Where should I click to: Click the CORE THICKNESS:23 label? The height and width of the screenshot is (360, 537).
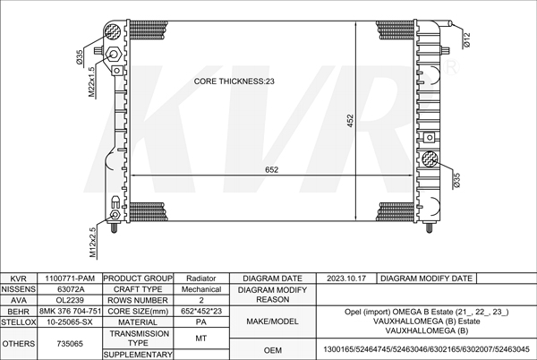pyautogui.click(x=234, y=81)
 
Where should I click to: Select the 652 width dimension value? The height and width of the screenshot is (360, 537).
pyautogui.click(x=271, y=170)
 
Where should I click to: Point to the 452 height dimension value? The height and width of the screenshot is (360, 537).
pyautogui.click(x=350, y=121)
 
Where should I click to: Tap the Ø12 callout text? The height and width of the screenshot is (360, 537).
pyautogui.click(x=467, y=40)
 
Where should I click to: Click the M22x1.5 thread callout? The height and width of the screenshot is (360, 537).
pyautogui.click(x=91, y=81)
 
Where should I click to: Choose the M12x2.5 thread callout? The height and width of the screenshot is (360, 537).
pyautogui.click(x=93, y=243)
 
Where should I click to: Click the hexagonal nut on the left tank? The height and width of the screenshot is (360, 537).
pyautogui.click(x=114, y=54)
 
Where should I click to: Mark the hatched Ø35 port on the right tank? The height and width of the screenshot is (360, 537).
pyautogui.click(x=430, y=159)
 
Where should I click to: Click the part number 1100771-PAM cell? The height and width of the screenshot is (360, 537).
pyautogui.click(x=70, y=279)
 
